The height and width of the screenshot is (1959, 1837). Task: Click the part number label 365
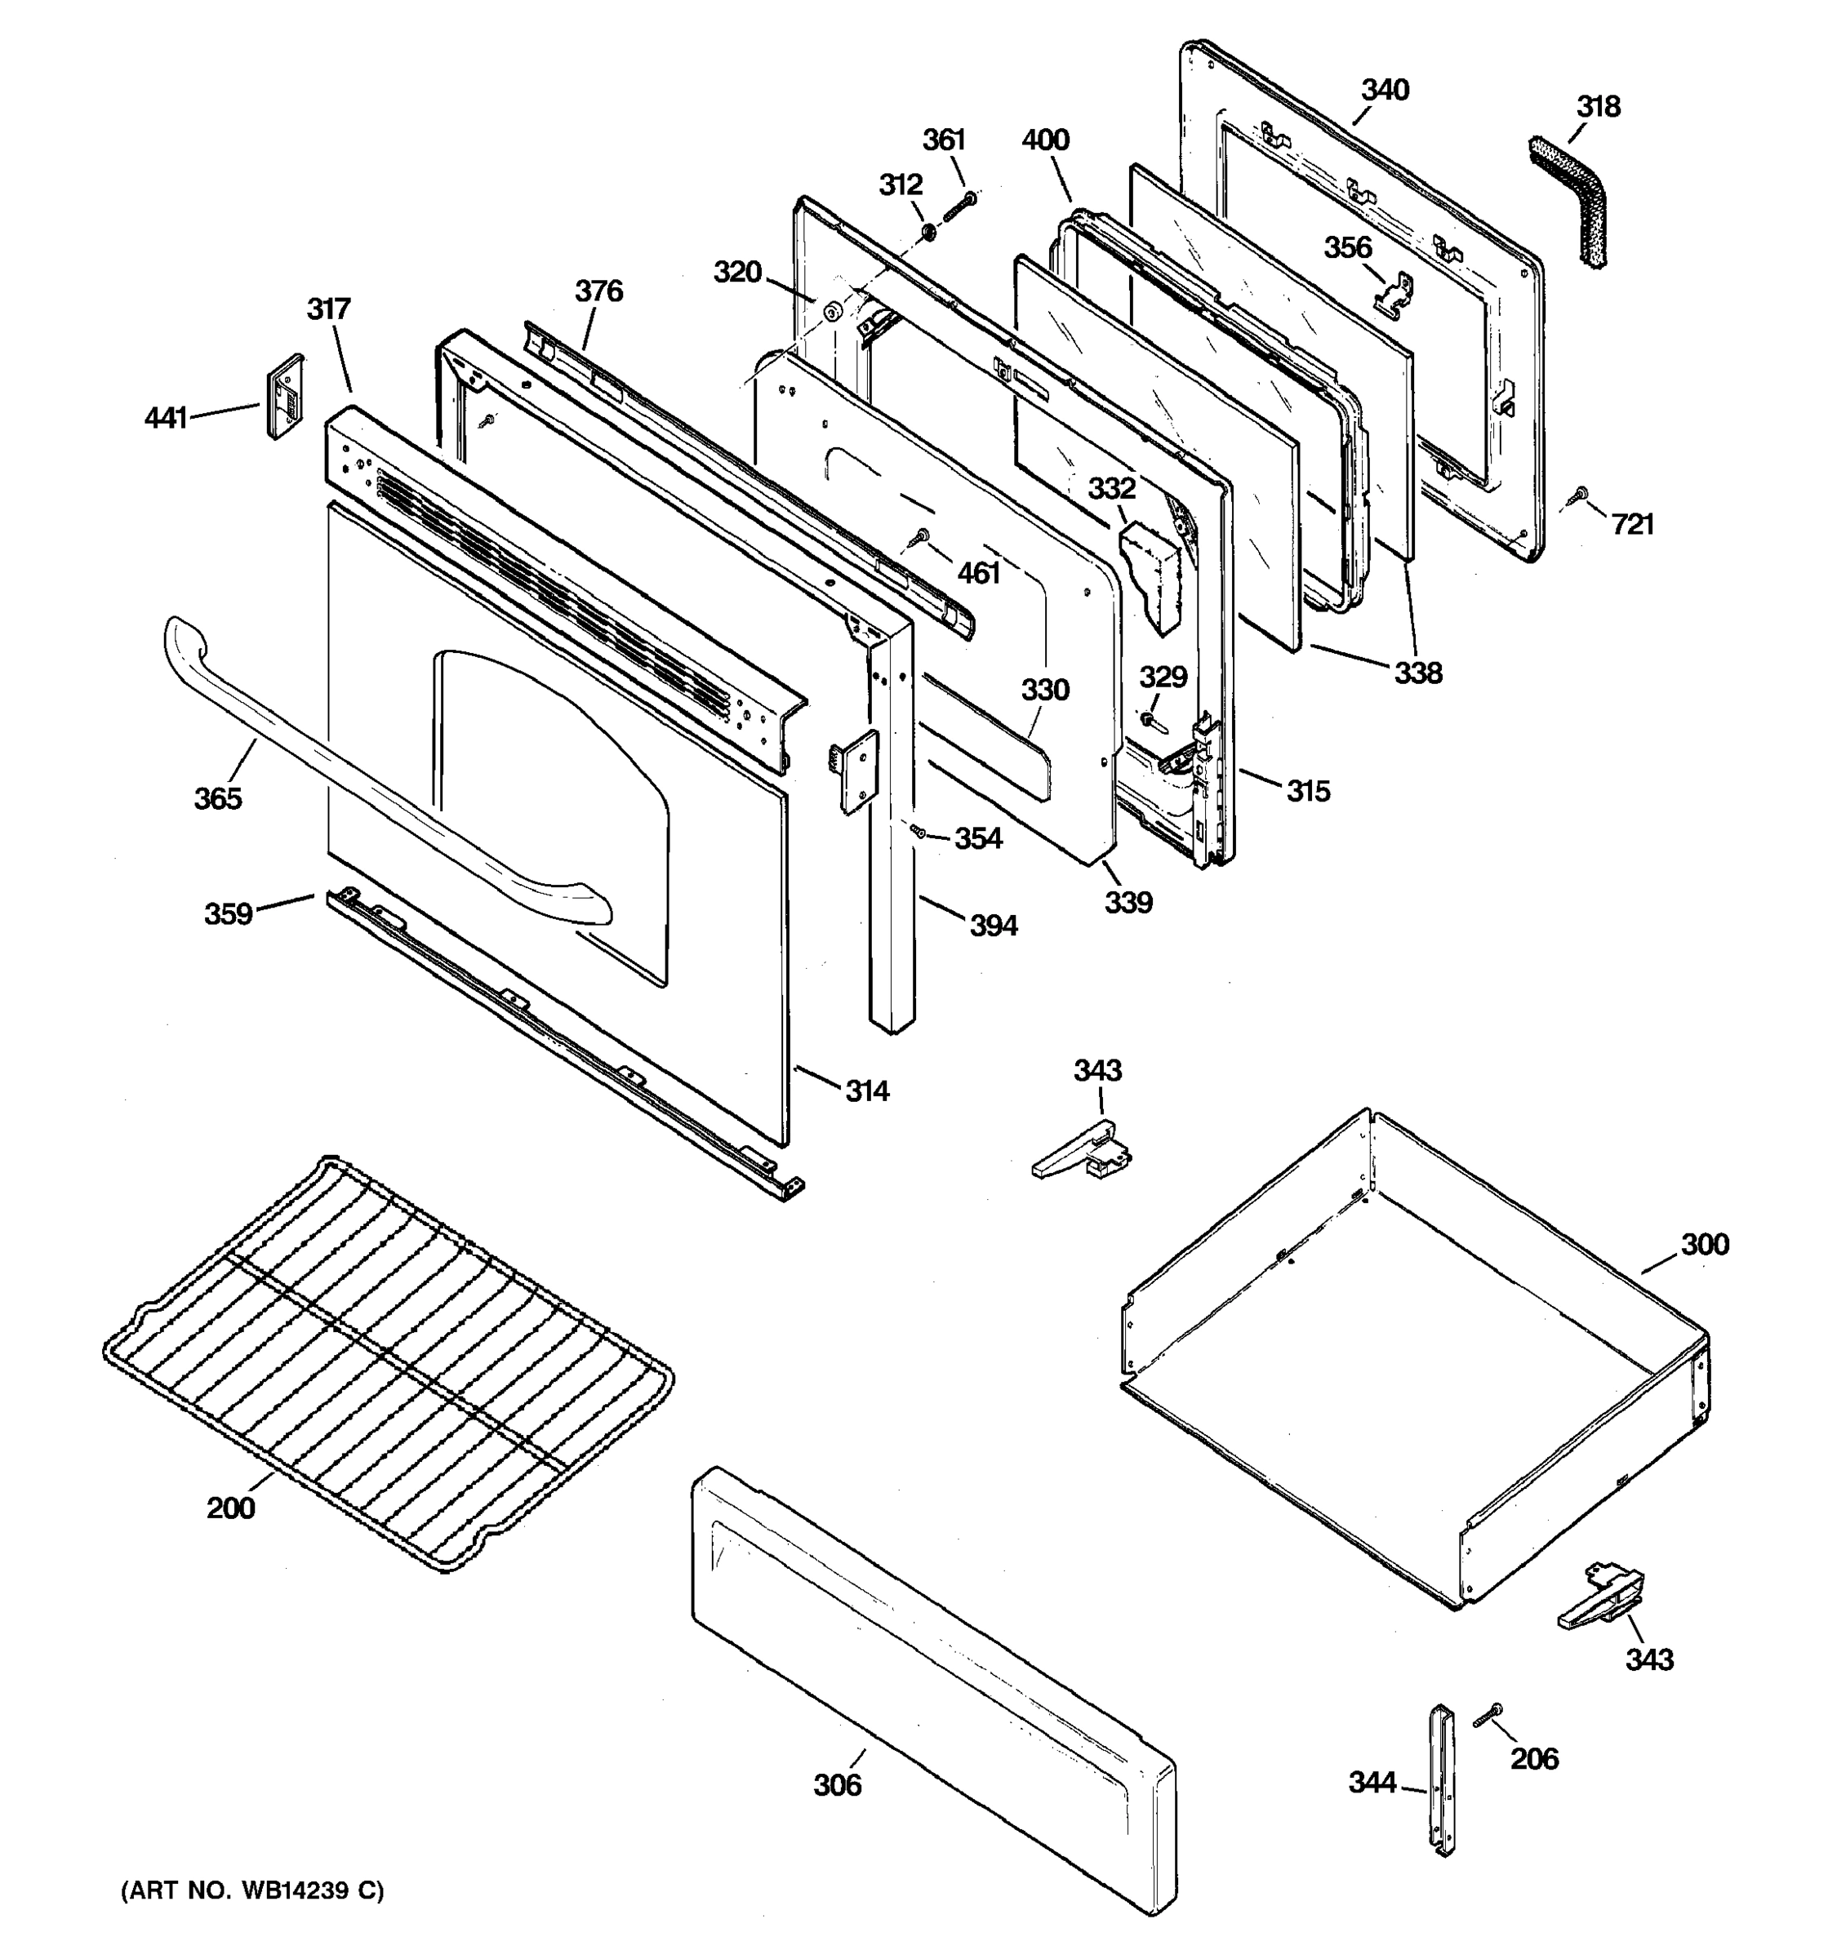(x=217, y=798)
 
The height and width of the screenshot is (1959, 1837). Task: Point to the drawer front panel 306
(x=932, y=1690)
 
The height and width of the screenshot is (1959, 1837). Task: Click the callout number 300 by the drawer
(x=1704, y=1245)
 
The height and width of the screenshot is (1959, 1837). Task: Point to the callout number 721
(x=1632, y=525)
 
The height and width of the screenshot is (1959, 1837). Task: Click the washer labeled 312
(x=928, y=233)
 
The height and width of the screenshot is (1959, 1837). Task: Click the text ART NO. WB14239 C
(x=252, y=1890)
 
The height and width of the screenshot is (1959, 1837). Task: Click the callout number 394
(x=993, y=926)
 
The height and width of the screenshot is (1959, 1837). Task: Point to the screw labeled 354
(x=918, y=831)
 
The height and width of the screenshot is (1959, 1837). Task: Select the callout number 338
(x=1417, y=673)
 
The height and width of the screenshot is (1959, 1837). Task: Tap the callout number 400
(x=1045, y=140)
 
